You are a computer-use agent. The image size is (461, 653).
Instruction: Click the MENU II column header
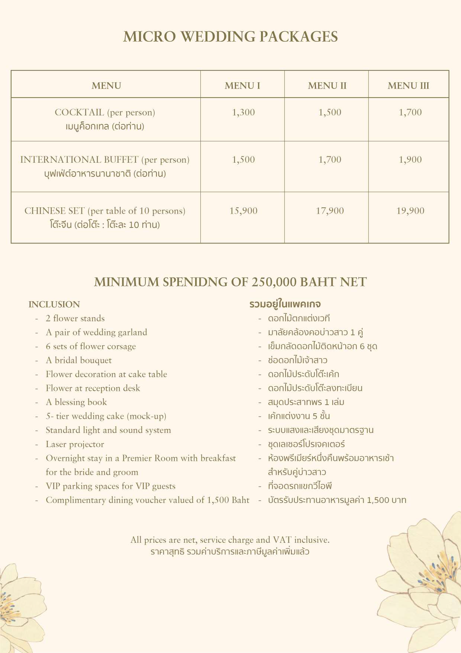(x=327, y=86)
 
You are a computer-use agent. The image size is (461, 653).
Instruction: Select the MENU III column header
(x=408, y=86)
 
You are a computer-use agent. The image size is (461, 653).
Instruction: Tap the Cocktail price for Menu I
(x=243, y=112)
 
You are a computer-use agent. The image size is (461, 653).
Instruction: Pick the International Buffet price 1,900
(x=410, y=160)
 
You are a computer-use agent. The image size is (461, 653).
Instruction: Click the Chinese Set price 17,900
(x=329, y=211)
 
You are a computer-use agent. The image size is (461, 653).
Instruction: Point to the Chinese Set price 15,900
(x=243, y=211)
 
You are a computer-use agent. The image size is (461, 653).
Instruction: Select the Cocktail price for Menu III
(x=410, y=112)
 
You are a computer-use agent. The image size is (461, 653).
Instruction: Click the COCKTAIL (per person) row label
(x=105, y=112)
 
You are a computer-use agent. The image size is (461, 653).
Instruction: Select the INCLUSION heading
(x=54, y=305)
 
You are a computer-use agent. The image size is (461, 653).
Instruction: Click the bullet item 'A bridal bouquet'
(x=78, y=360)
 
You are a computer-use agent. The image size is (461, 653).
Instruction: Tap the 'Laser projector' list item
(x=75, y=444)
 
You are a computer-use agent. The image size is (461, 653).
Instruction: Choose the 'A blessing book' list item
(x=76, y=402)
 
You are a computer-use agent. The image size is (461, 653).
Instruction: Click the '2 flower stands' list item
(x=75, y=318)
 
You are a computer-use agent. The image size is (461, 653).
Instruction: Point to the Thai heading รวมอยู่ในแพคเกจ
(x=285, y=304)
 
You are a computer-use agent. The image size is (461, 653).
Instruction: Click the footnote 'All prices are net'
(x=230, y=540)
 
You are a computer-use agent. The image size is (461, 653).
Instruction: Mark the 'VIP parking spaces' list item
(x=110, y=486)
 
